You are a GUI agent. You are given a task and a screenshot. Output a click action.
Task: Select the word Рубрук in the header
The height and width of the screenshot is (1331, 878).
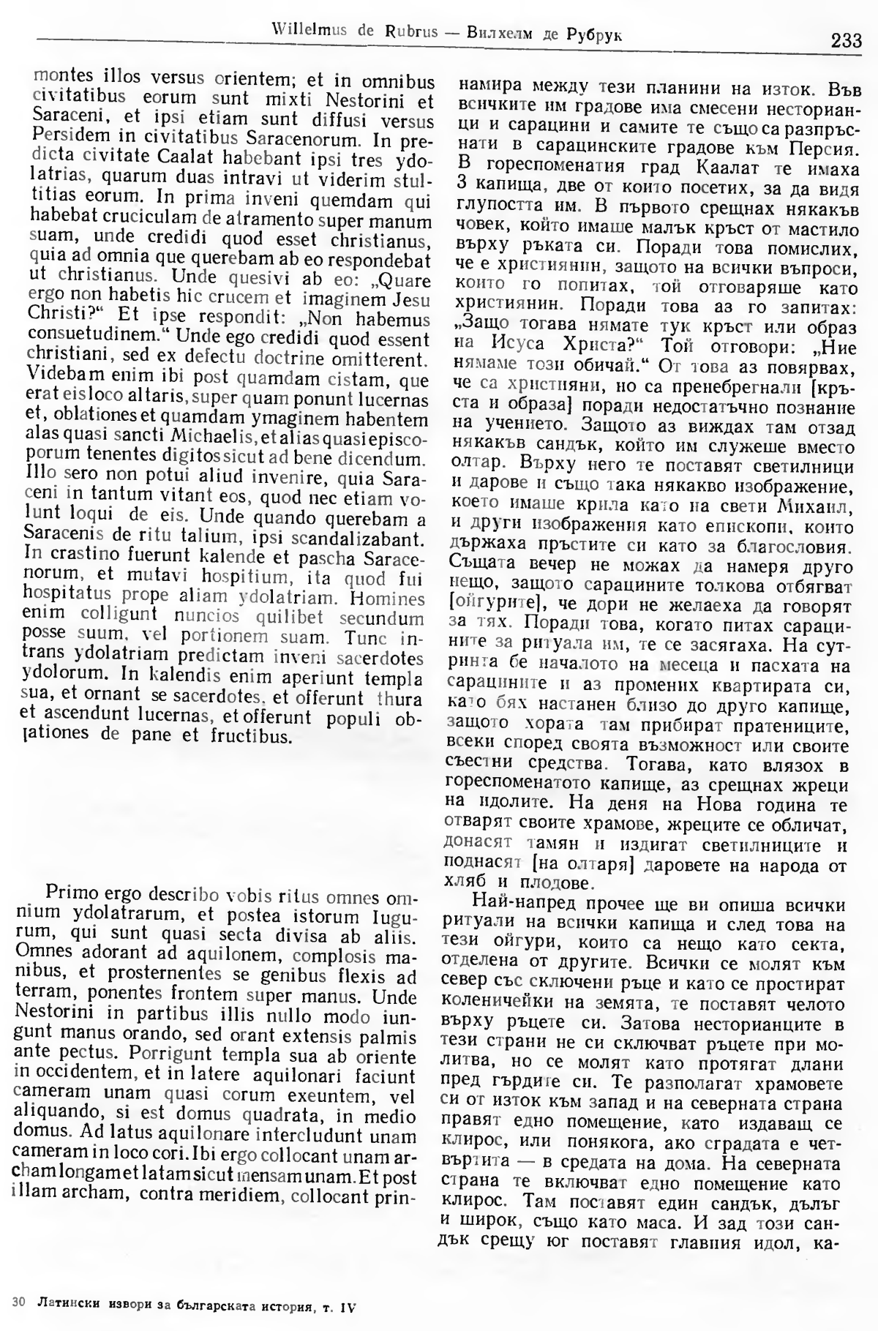[x=594, y=34]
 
